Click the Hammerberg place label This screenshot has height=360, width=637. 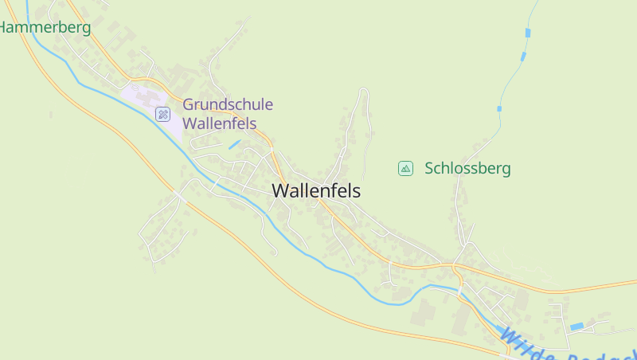pyautogui.click(x=45, y=27)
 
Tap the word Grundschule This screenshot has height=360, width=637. pyautogui.click(x=228, y=104)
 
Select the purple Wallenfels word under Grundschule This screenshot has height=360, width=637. pyautogui.click(x=220, y=123)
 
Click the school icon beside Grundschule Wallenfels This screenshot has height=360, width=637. pyautogui.click(x=163, y=114)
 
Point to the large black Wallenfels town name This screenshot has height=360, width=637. pyautogui.click(x=316, y=191)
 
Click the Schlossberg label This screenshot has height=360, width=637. pyautogui.click(x=467, y=169)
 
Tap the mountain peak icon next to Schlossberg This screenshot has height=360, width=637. pyautogui.click(x=405, y=168)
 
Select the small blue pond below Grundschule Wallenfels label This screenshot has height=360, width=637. pyautogui.click(x=234, y=144)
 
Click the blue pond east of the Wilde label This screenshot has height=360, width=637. pyautogui.click(x=576, y=327)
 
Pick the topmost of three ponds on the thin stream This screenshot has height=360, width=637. pyautogui.click(x=527, y=33)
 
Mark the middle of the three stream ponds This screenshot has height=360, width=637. pyautogui.click(x=522, y=57)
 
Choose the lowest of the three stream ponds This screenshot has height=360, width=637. pyautogui.click(x=499, y=108)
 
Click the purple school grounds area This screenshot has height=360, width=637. pyautogui.click(x=143, y=100)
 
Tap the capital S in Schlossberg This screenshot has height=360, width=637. pyautogui.click(x=429, y=169)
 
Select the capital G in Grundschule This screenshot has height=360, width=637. pyautogui.click(x=189, y=104)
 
